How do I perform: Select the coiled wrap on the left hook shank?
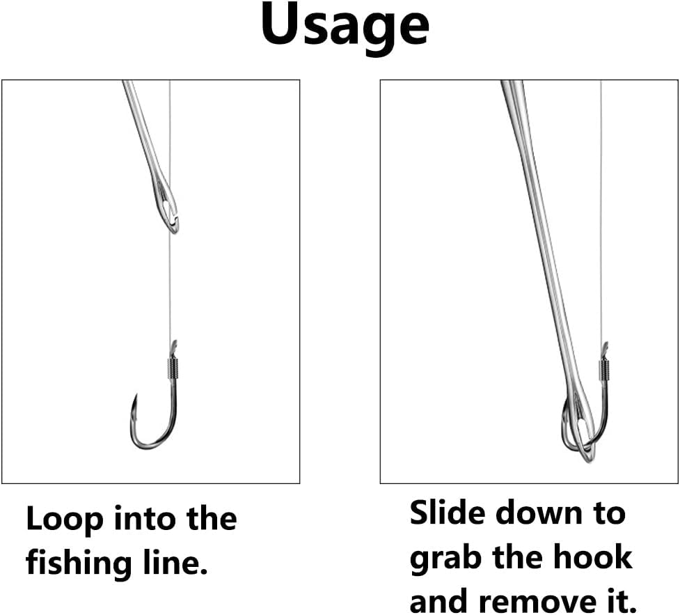click(172, 366)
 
